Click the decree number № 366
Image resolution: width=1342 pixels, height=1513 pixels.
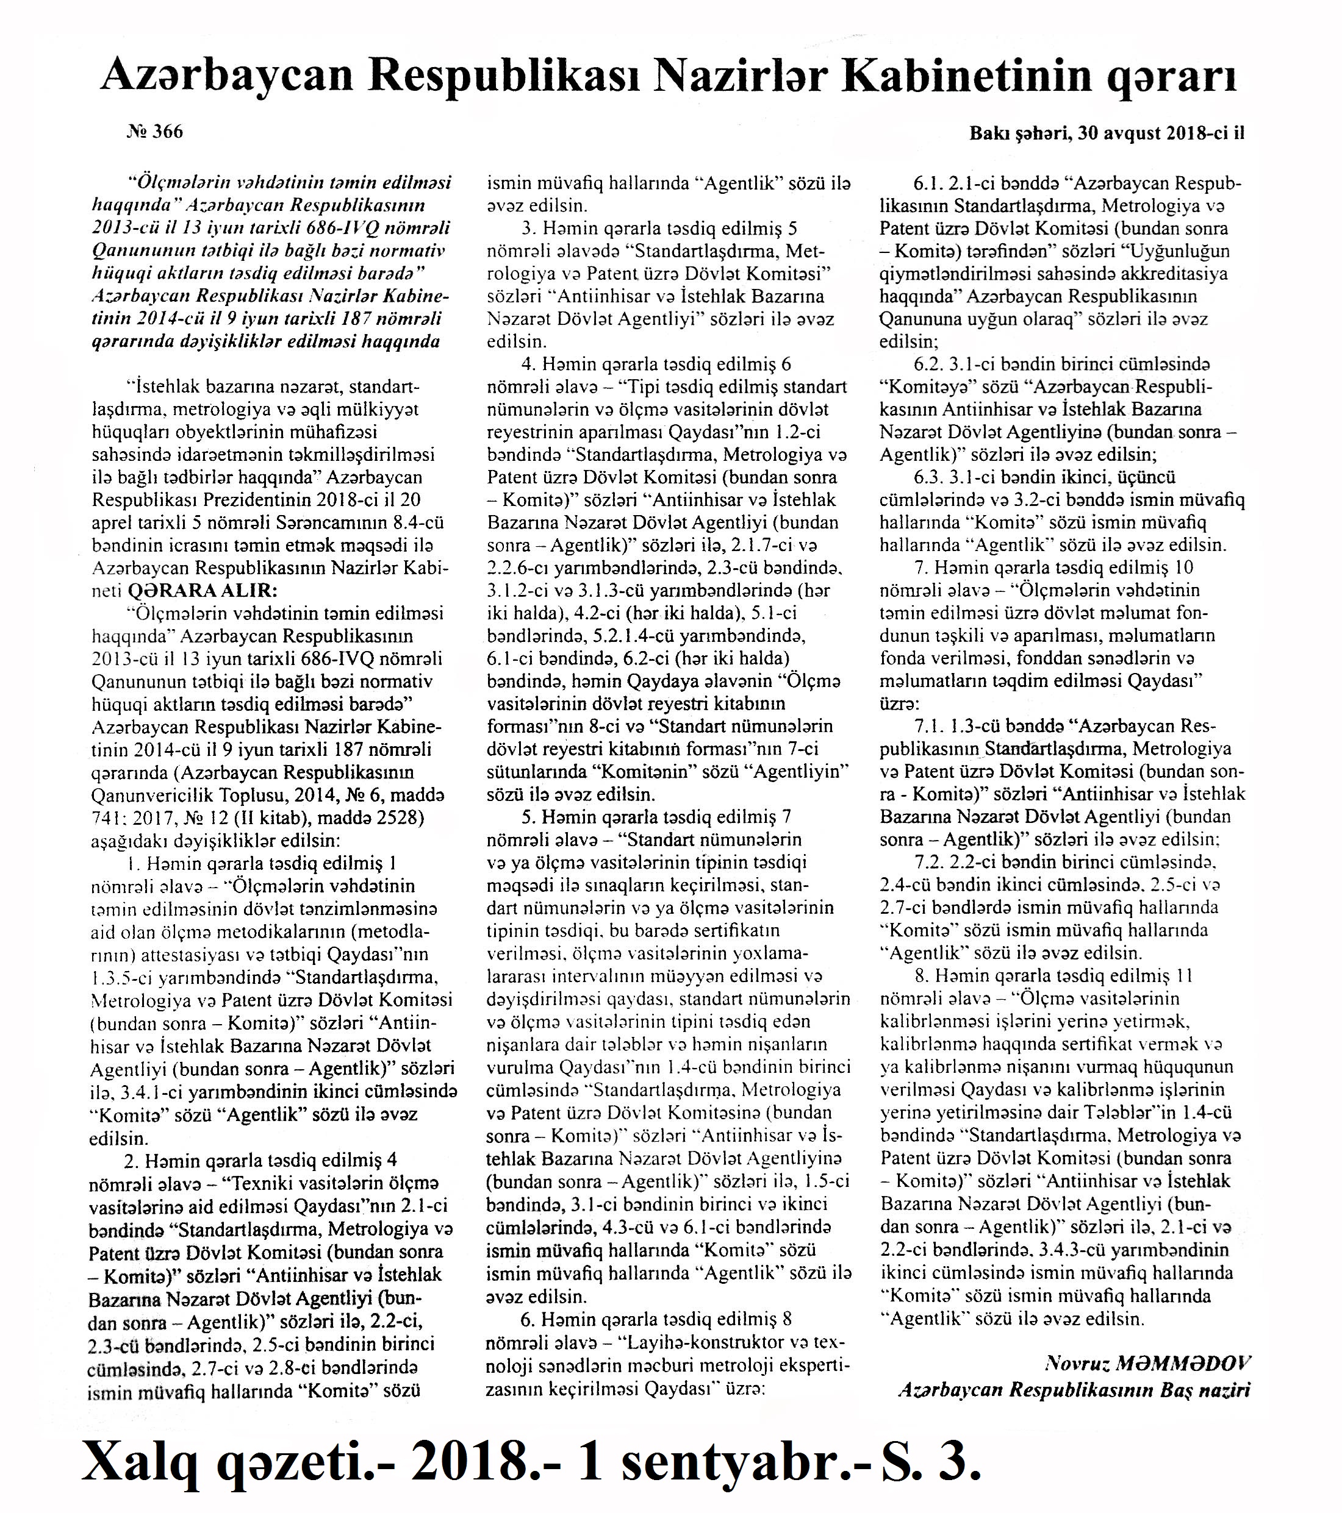(155, 132)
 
